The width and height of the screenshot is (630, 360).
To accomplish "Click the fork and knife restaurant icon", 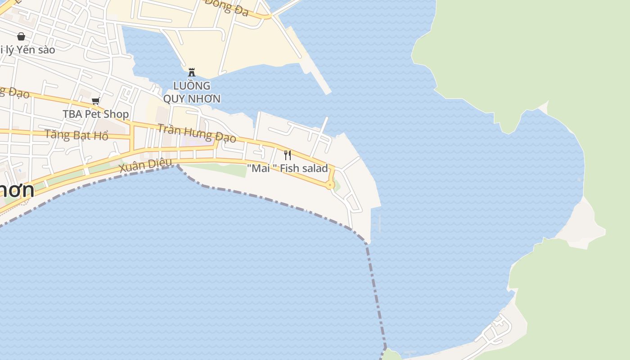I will coord(288,155).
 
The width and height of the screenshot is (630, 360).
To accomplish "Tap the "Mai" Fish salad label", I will coord(288,169).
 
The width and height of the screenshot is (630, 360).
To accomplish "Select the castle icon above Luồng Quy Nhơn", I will coord(192,72).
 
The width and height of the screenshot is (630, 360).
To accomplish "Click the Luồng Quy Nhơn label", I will coord(192,92).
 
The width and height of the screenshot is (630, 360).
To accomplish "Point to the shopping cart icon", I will coord(95,101).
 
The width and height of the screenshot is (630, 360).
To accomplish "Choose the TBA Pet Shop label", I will coord(95,114).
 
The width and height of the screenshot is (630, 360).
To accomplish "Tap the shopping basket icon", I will coord(21,36).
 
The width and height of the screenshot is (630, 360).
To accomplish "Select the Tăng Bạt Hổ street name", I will coord(76,135).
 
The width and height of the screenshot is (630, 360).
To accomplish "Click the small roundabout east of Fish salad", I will coord(330,184).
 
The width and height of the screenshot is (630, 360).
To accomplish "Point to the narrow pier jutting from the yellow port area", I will coord(319,79).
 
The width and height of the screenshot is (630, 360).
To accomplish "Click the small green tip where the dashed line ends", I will coord(391,355).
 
